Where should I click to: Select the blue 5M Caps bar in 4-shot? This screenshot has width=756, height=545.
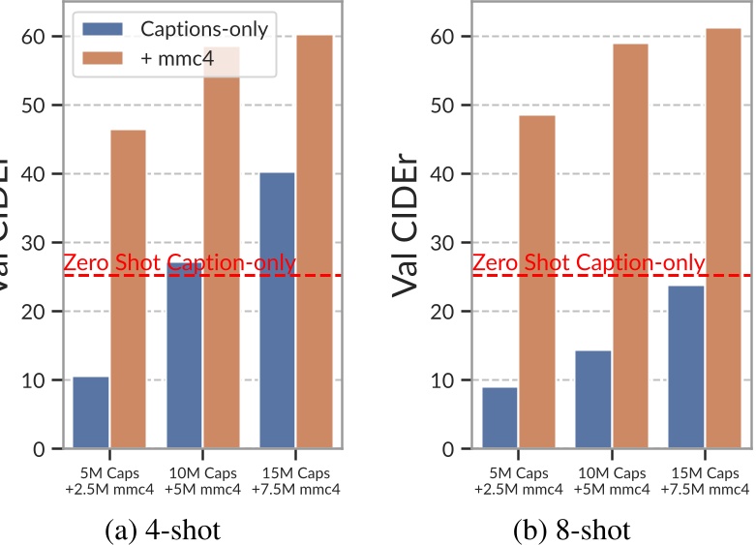pos(91,412)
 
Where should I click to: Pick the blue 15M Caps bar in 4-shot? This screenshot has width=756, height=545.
pos(277,310)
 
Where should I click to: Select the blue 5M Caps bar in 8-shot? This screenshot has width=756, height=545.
pos(499,418)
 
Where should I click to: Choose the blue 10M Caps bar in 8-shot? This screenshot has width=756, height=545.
pos(592,399)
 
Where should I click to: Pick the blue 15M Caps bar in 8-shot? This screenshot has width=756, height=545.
pos(685,367)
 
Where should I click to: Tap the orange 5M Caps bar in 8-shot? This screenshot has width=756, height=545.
pos(536,282)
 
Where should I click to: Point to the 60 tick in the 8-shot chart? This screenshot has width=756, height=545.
pos(445,37)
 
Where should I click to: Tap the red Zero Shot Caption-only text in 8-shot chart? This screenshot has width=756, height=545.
pos(588,262)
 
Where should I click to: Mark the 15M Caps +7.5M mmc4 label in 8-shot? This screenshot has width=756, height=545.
pos(704,480)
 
